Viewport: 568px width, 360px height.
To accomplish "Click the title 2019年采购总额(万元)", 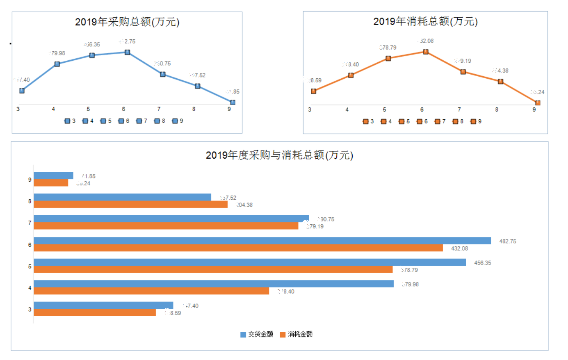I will pyautogui.click(x=127, y=22).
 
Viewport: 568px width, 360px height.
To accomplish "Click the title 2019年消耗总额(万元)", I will pyautogui.click(x=425, y=21).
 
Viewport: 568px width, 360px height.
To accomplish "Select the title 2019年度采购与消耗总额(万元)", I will pyautogui.click(x=279, y=155).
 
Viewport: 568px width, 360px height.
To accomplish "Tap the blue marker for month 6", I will pyautogui.click(x=128, y=52).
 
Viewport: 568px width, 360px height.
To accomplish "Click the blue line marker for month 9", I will pyautogui.click(x=233, y=102).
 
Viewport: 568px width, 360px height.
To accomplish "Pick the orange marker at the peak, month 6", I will pyautogui.click(x=426, y=52).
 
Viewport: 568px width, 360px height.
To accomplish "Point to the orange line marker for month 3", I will pyautogui.click(x=314, y=91).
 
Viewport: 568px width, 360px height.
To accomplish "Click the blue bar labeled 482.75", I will pyautogui.click(x=262, y=241).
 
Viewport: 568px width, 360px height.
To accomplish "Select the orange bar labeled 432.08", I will pyautogui.click(x=238, y=248).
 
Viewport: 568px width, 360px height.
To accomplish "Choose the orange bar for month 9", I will pyautogui.click(x=51, y=183).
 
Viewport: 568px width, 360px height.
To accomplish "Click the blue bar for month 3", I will pyautogui.click(x=103, y=305).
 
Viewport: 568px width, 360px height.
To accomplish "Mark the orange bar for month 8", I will pyautogui.click(x=130, y=204).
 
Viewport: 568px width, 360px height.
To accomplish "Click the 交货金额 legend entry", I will pyautogui.click(x=257, y=334).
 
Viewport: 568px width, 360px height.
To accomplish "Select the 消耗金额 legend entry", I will pyautogui.click(x=296, y=334).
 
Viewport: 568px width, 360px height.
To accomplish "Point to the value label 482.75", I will pyautogui.click(x=507, y=242).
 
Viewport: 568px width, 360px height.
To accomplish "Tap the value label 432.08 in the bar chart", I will pyautogui.click(x=459, y=248).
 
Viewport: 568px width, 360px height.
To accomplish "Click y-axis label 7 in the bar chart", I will pyautogui.click(x=30, y=223).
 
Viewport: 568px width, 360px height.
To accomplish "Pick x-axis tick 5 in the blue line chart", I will pyautogui.click(x=88, y=109).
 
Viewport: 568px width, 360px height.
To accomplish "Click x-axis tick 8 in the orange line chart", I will pyautogui.click(x=497, y=109).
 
